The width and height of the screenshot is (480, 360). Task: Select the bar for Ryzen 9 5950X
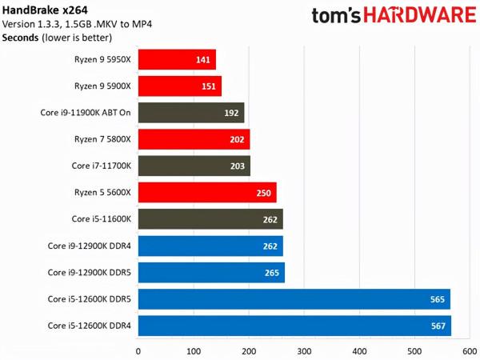tap(177, 59)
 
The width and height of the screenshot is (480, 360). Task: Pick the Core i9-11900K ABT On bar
tap(191, 113)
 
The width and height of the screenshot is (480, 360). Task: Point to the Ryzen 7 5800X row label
tap(102, 139)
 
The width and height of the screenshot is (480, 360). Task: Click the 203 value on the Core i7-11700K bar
tap(237, 166)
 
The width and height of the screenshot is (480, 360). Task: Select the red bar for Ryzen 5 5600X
tap(207, 193)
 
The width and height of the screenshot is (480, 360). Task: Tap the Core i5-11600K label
tap(102, 219)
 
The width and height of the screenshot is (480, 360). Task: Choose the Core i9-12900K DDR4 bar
tap(210, 246)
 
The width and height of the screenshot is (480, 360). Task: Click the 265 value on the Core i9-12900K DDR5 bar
tap(270, 273)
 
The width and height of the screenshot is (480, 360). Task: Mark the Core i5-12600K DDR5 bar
tap(294, 299)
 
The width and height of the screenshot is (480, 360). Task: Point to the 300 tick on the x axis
tap(304, 350)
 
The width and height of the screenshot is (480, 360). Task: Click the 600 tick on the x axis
tap(470, 350)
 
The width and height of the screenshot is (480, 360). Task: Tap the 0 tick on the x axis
tap(138, 350)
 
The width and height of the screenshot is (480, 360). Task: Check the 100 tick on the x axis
tap(194, 350)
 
